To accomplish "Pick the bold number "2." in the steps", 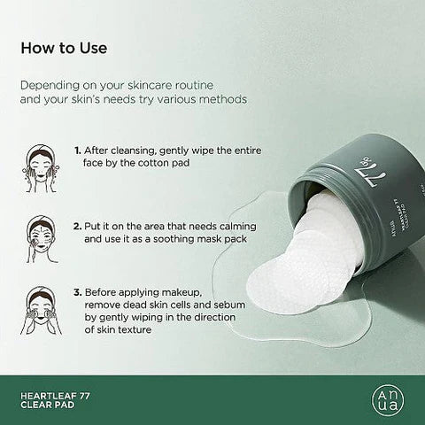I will tap(80, 225).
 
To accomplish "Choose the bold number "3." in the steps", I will tap(80, 291).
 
